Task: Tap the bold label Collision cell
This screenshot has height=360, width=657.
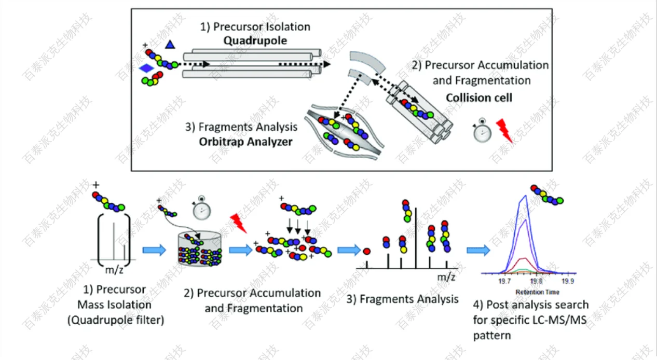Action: (478, 97)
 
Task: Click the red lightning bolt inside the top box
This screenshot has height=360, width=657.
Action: (504, 130)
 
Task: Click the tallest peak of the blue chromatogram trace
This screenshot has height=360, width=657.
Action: (526, 196)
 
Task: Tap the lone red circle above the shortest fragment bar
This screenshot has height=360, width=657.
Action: (366, 251)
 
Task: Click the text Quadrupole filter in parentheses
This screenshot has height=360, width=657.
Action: (115, 320)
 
